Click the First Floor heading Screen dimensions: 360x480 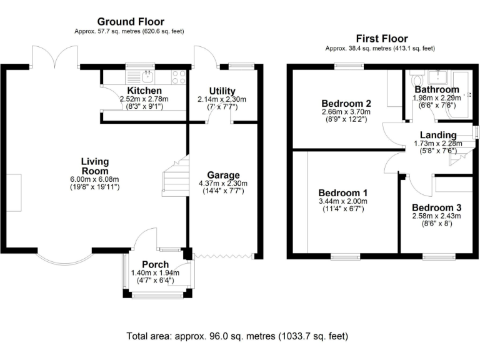(x=381, y=38)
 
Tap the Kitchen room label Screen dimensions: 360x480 (x=144, y=91)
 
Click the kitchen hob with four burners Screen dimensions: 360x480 (x=178, y=77)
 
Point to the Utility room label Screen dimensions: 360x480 (x=222, y=91)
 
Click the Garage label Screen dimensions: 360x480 (x=222, y=175)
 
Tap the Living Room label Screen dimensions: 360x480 (x=94, y=166)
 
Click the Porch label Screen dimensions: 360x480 (x=155, y=264)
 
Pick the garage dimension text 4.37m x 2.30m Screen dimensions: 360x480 (x=223, y=183)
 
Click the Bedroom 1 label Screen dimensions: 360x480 (x=342, y=192)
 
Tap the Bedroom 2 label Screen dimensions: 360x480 (x=346, y=104)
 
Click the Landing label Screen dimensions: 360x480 (x=438, y=135)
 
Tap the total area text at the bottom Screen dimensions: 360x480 (x=237, y=336)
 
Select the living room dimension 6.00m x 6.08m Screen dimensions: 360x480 (x=95, y=179)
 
